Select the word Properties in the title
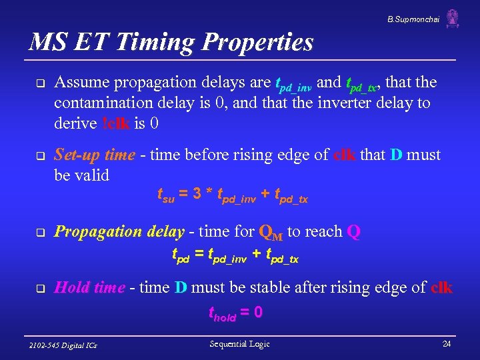257,43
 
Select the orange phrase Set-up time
94,155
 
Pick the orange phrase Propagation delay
119,232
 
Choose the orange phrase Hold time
89,288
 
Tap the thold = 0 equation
235,312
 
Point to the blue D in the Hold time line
180,288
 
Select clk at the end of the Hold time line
441,288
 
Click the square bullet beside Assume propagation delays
39,84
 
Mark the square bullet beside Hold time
39,289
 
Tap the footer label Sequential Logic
239,344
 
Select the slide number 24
446,344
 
